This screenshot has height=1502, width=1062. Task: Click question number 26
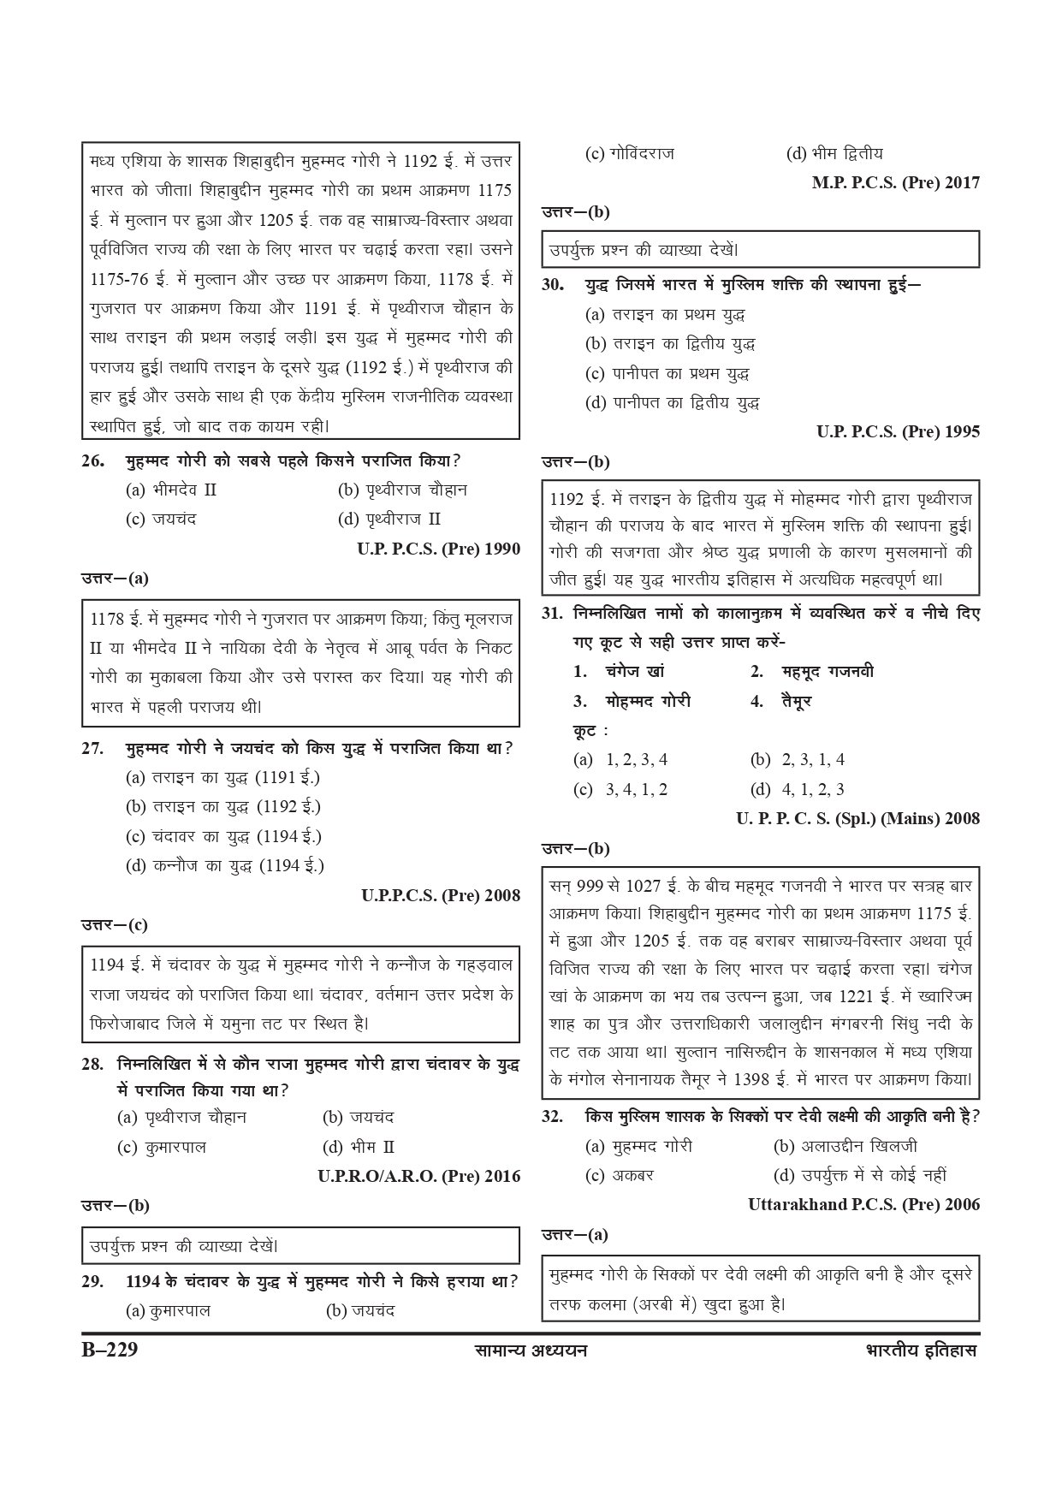click(x=93, y=461)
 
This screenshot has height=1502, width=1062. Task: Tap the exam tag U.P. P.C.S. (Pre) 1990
click(x=438, y=549)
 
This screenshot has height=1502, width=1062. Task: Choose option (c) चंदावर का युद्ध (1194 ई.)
click(x=223, y=836)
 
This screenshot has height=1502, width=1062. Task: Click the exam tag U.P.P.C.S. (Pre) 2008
click(x=440, y=895)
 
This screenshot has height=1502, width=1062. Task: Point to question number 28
click(x=93, y=1064)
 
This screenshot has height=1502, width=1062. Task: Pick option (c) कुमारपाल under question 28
click(x=162, y=1147)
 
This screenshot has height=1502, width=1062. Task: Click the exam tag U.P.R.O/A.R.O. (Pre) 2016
click(x=418, y=1176)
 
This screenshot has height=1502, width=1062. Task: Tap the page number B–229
click(x=105, y=1351)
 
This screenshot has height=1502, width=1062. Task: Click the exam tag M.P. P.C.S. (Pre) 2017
click(x=895, y=182)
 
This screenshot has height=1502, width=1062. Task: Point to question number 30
click(x=553, y=285)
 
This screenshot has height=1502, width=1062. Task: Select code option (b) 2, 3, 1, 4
click(x=798, y=759)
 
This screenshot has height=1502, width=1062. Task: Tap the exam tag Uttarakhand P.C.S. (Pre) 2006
click(x=863, y=1204)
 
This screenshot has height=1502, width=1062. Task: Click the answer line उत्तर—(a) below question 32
click(x=575, y=1234)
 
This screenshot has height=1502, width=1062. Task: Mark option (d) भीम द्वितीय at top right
click(x=834, y=154)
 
